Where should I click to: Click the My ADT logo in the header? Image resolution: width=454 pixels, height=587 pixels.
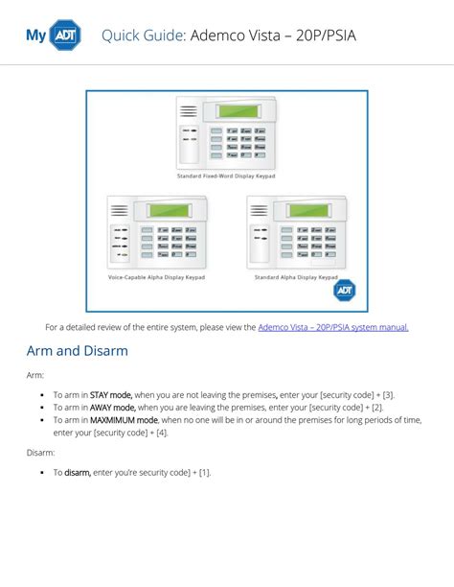pos(54,35)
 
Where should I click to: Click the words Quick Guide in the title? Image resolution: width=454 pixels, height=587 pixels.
pos(142,35)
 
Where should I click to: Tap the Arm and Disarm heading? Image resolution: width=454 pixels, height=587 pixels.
pos(77,351)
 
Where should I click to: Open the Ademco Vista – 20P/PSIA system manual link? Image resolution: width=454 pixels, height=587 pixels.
pos(332,327)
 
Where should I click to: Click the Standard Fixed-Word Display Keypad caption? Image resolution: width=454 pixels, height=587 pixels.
pos(226,176)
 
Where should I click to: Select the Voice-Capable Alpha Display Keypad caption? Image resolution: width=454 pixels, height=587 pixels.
pos(156,276)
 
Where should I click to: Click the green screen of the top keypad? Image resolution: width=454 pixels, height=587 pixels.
pos(238,111)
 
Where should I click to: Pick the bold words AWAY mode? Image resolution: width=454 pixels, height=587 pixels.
pos(112,407)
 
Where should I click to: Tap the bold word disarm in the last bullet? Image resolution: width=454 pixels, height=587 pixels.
pos(77,472)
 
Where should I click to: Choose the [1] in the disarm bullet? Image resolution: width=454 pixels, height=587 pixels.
pos(204,472)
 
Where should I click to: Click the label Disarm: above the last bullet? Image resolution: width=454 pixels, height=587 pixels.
pos(41,452)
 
